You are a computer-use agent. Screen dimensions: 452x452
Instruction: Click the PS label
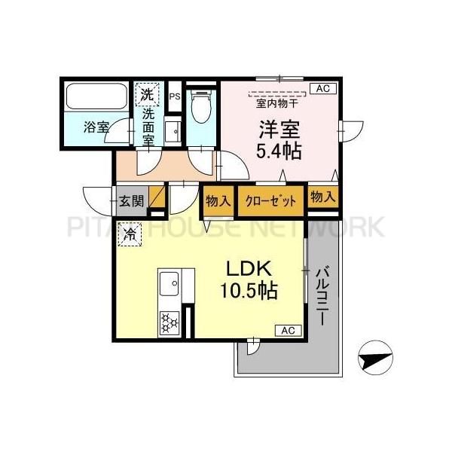[x=174, y=96]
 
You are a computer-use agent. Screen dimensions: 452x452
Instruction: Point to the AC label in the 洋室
[x=322, y=89]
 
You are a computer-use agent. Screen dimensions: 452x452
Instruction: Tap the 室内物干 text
[x=276, y=103]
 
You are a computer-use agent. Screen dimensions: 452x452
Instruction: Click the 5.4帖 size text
[x=279, y=151]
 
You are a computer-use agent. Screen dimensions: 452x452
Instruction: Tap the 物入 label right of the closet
[x=322, y=198]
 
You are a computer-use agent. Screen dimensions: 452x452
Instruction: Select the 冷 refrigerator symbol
[x=130, y=236]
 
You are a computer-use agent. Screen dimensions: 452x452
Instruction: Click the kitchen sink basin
[x=168, y=286]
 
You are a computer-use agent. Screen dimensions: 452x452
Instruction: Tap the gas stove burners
[x=168, y=323]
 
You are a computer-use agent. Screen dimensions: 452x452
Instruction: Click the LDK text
[x=245, y=270]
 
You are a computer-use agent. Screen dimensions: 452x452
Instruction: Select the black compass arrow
[x=374, y=359]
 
